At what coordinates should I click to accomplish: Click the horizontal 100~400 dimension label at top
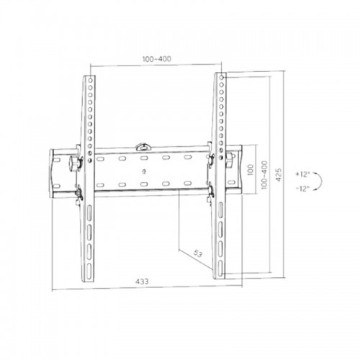pos(157,59)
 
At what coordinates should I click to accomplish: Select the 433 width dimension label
pos(142,282)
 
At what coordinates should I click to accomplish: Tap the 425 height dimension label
pos(278,175)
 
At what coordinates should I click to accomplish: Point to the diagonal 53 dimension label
pos(198,253)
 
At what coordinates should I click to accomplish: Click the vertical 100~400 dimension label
pos(264,175)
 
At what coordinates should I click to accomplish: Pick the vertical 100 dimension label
pos(250,170)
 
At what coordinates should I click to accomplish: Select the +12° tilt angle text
pos(302,174)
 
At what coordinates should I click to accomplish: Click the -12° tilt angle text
pos(302,189)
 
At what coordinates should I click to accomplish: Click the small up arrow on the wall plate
pos(144,171)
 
